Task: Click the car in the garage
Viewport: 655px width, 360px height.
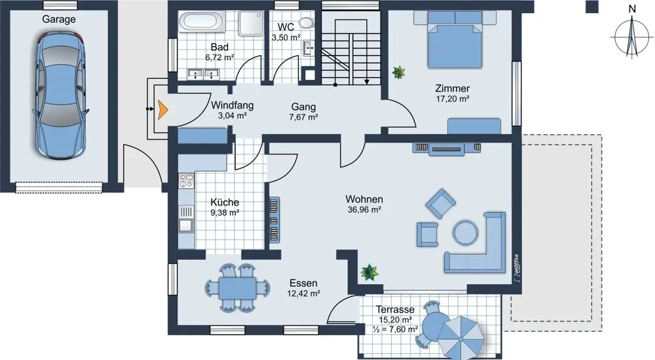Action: click(61, 96)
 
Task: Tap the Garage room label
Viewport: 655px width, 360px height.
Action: click(59, 19)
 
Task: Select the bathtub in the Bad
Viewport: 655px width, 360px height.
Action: click(202, 22)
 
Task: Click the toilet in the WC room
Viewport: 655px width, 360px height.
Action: click(307, 22)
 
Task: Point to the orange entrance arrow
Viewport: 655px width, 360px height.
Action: click(162, 109)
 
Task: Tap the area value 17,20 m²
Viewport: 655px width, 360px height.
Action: click(453, 99)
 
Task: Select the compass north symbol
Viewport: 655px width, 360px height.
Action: click(632, 33)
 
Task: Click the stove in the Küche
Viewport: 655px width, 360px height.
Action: click(186, 181)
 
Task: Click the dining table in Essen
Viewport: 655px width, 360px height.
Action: click(237, 288)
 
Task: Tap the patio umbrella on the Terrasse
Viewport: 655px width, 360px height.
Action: click(462, 337)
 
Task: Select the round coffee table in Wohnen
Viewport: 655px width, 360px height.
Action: click(466, 232)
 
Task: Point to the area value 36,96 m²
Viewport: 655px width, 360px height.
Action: click(364, 209)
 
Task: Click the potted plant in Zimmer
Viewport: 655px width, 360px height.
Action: click(398, 72)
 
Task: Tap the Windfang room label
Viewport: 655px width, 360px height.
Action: click(233, 105)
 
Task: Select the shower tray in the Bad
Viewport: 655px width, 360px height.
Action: click(252, 24)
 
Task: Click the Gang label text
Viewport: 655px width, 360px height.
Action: click(304, 107)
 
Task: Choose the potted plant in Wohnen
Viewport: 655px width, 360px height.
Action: click(369, 272)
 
